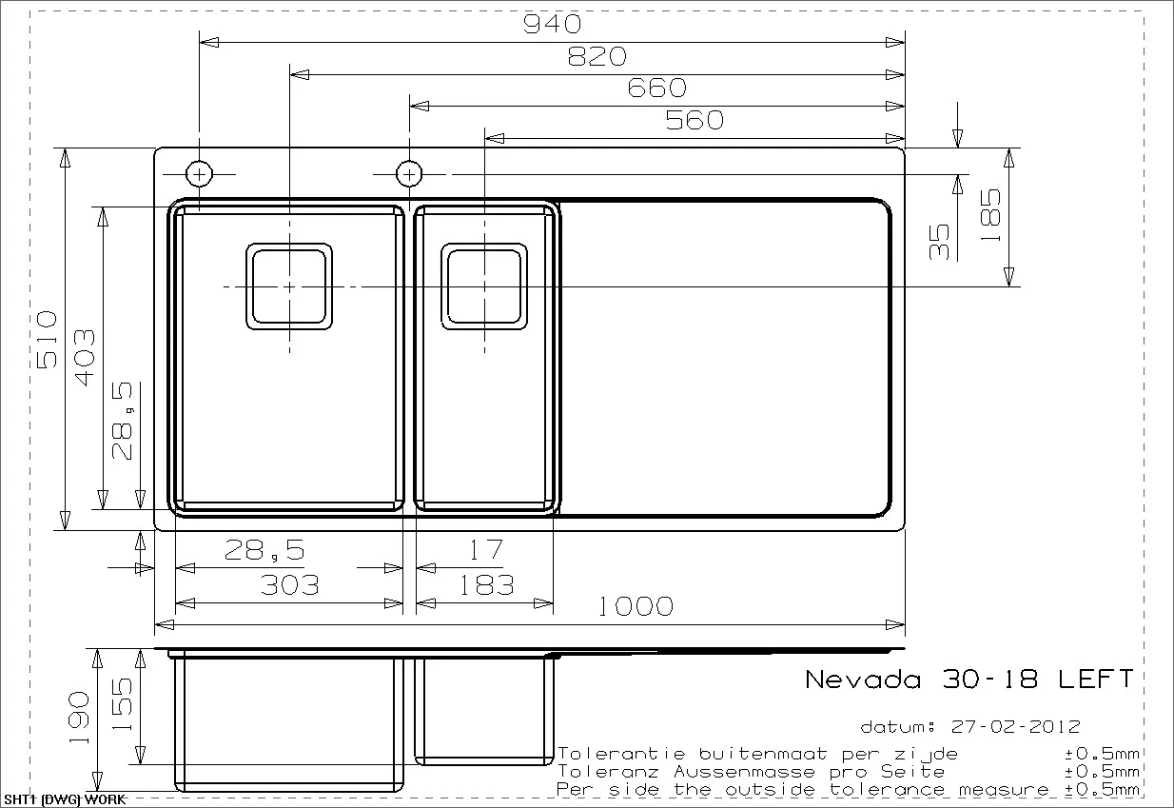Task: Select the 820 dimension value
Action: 597,56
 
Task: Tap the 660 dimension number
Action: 656,88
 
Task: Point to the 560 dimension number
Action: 694,120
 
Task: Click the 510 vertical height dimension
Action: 48,340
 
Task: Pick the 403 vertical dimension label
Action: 84,357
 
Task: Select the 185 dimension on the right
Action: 989,215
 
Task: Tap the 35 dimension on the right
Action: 939,242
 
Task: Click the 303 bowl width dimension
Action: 290,584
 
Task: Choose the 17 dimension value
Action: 485,550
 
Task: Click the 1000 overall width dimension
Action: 636,606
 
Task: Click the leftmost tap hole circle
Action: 199,174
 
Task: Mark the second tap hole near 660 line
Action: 409,174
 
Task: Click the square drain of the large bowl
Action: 289,286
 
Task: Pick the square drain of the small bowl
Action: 484,286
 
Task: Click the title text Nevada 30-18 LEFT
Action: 969,680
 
